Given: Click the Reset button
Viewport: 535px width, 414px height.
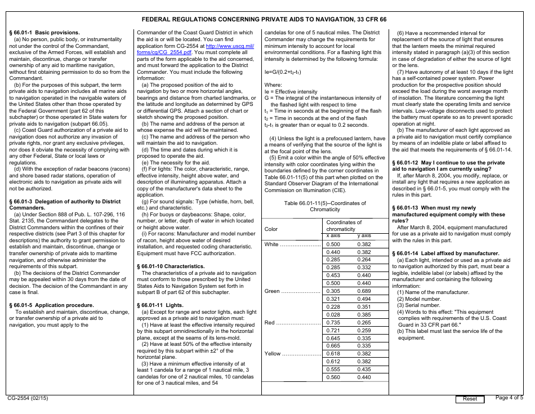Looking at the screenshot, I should click(x=470, y=399).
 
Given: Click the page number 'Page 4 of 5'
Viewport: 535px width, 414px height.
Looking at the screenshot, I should click(x=509, y=398).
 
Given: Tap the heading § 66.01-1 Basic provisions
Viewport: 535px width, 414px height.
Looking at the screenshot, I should click(x=44, y=33).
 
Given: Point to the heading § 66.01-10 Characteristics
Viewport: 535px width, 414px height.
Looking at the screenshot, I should click(x=171, y=266).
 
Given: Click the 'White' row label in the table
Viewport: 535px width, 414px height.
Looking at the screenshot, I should click(x=271, y=244).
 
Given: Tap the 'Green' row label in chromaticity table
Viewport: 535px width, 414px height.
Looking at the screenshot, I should click(x=272, y=291).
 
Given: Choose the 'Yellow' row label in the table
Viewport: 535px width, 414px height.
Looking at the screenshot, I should click(x=273, y=354).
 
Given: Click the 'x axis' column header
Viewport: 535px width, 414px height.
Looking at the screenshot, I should click(x=333, y=235).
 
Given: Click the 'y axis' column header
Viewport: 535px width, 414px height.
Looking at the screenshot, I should click(x=364, y=235).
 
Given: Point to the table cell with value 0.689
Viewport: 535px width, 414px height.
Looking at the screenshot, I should click(x=364, y=291).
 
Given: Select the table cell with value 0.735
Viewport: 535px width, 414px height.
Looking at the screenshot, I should click(x=333, y=323).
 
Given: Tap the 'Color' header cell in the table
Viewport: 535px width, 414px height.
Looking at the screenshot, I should click(x=271, y=229).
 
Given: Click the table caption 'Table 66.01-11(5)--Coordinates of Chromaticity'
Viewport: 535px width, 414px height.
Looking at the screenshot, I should click(x=325, y=206).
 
